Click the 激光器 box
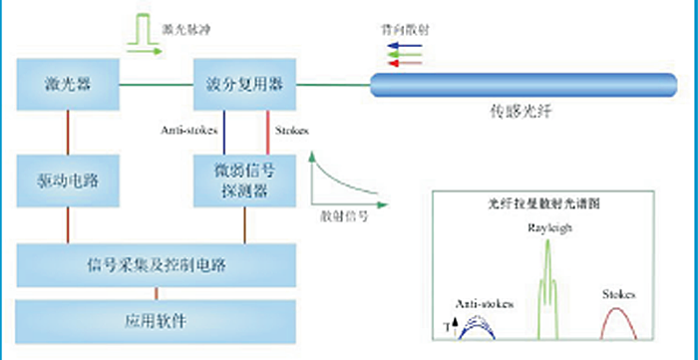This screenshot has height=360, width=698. (x=68, y=84)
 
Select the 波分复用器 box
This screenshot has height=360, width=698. (x=245, y=84)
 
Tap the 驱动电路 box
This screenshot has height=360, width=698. (x=68, y=182)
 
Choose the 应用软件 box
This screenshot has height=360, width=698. (x=157, y=320)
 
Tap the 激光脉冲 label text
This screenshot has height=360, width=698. (x=185, y=26)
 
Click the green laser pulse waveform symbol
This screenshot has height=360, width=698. (x=144, y=28)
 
